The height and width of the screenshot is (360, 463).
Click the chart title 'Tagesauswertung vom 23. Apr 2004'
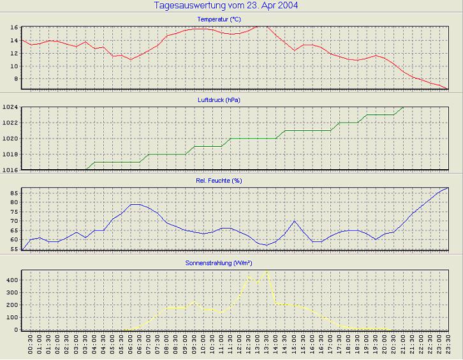pos(226,6)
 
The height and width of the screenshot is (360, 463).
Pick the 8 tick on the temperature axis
pos(15,79)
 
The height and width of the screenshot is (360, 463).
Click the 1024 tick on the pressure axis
pos(10,107)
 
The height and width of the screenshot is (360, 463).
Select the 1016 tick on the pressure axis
pos(10,170)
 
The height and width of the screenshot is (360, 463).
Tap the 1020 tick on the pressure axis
pos(10,139)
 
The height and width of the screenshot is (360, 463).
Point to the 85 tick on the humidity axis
pos(13,193)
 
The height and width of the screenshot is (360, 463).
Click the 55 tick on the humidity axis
pos(13,249)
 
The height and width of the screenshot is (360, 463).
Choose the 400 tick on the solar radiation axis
pos(11,280)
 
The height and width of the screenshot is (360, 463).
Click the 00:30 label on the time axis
pos(31,347)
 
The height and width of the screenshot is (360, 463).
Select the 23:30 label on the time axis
pos(448,347)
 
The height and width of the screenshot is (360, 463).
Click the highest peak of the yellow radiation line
pos(267,271)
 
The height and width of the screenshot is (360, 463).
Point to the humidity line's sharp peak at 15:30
pos(294,221)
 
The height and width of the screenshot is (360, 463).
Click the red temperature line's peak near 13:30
pos(261,26)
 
